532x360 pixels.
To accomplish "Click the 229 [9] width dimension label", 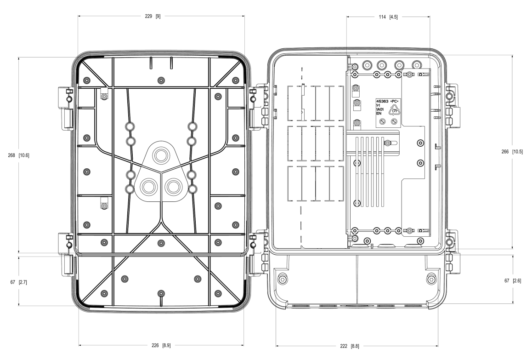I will click(x=151, y=16).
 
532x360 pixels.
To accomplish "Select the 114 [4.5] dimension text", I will click(x=388, y=16).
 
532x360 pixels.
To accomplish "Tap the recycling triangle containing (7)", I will click(x=394, y=110).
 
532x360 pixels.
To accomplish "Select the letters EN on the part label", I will click(x=379, y=113).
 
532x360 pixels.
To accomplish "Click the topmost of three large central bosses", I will click(x=161, y=154).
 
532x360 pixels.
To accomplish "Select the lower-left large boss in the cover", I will click(x=148, y=187).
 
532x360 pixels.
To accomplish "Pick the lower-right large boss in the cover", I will click(x=174, y=187).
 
